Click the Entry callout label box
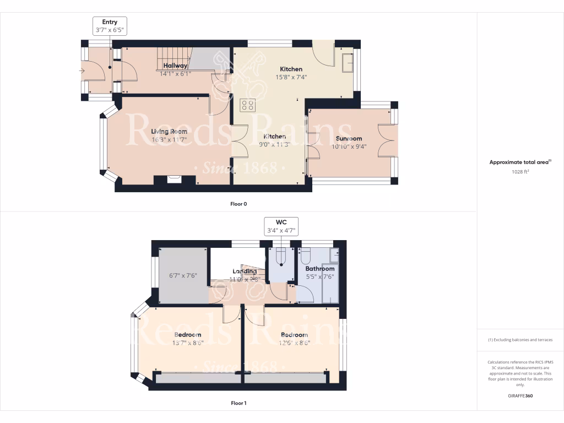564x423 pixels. pos(110,26)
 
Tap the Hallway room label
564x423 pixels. pos(175,66)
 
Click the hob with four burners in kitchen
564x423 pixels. pos(247,105)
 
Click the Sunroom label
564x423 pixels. pos(349,139)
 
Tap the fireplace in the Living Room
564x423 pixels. pos(175,178)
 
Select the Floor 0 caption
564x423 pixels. pos(238,204)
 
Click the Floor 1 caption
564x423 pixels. pos(238,403)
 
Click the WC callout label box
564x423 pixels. pos(282,226)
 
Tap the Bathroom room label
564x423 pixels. pos(320,269)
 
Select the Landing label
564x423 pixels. pos(244,272)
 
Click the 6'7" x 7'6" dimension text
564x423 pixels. pos(182,276)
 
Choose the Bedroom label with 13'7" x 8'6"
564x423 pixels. pos(188,335)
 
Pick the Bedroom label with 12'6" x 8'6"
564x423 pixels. pos(294,335)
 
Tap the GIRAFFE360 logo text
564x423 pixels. pos(520,395)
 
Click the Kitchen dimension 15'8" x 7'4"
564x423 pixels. pos(291,77)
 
